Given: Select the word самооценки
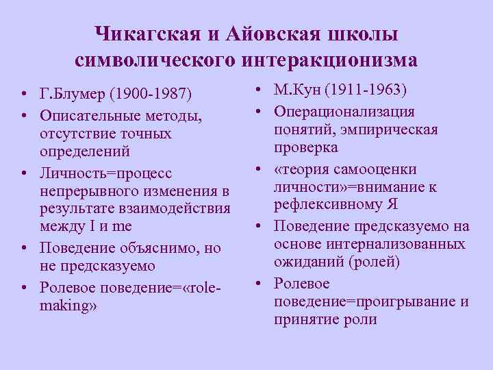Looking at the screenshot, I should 387,169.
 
